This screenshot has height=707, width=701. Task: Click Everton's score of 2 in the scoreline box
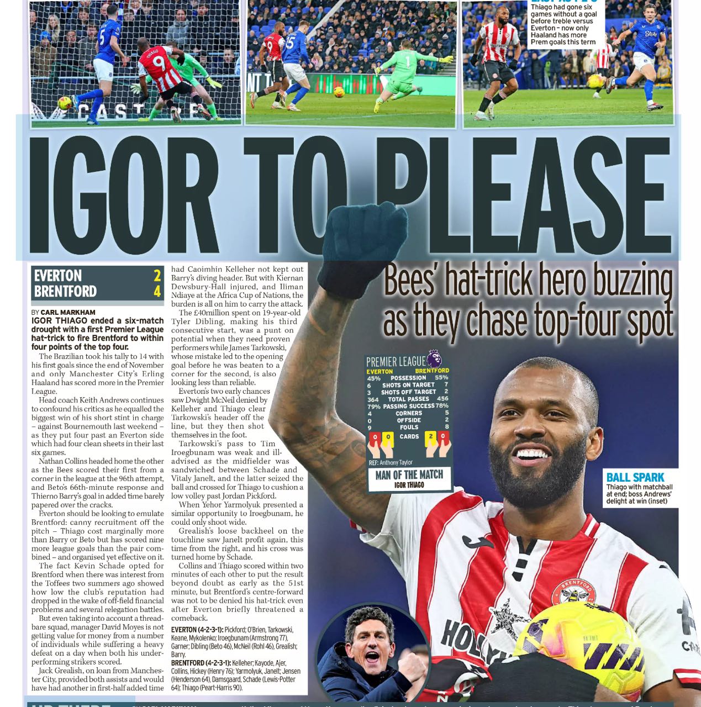click(157, 275)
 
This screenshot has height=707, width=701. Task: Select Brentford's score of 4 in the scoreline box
click(157, 291)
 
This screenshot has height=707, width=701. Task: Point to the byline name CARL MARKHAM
click(68, 312)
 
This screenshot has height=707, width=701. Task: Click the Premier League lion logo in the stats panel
click(434, 358)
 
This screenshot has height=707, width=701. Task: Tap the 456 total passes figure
click(442, 399)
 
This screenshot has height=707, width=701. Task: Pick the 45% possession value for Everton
click(373, 378)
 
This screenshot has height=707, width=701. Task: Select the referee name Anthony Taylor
click(396, 462)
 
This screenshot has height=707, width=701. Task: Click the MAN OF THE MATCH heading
click(409, 474)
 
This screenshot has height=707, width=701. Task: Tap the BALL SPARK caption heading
click(635, 477)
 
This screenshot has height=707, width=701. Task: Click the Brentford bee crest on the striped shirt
click(573, 591)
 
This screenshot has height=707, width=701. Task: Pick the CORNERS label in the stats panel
click(409, 413)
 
